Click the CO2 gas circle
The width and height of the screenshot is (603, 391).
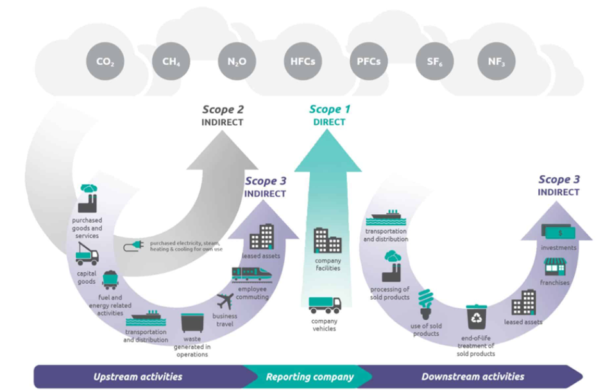tap(105, 62)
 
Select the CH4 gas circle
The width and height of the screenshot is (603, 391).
tap(171, 62)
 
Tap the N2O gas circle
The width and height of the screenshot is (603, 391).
tap(237, 62)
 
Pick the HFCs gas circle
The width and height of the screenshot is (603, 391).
tap(301, 62)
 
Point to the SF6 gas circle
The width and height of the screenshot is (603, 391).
tap(434, 62)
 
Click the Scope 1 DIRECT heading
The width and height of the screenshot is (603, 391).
tap(327, 115)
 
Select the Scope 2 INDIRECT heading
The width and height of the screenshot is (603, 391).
tap(223, 115)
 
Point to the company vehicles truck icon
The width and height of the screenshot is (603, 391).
tap(324, 304)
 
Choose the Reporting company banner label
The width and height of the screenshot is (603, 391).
tap(310, 377)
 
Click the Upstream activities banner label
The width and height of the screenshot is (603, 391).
tap(137, 377)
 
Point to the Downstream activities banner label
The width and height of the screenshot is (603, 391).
tap(473, 377)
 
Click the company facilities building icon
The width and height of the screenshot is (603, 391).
tap(327, 240)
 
